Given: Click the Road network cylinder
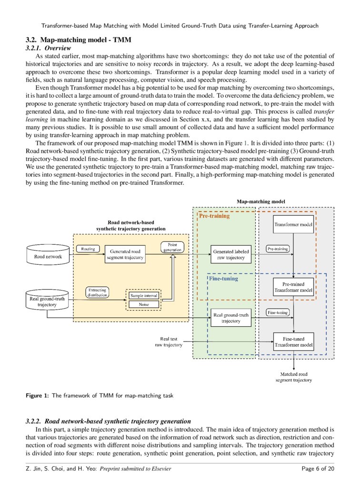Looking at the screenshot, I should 48,255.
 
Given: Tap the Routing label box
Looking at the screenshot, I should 88,249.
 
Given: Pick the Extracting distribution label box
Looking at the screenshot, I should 97,292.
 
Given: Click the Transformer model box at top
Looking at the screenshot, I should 293,224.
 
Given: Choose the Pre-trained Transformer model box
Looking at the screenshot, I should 293,287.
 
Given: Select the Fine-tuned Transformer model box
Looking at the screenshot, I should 293,341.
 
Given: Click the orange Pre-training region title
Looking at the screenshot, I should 214,216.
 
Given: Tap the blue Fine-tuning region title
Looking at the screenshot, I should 222,279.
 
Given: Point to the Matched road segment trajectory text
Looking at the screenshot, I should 294,377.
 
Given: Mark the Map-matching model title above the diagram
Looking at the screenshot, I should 261,201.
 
